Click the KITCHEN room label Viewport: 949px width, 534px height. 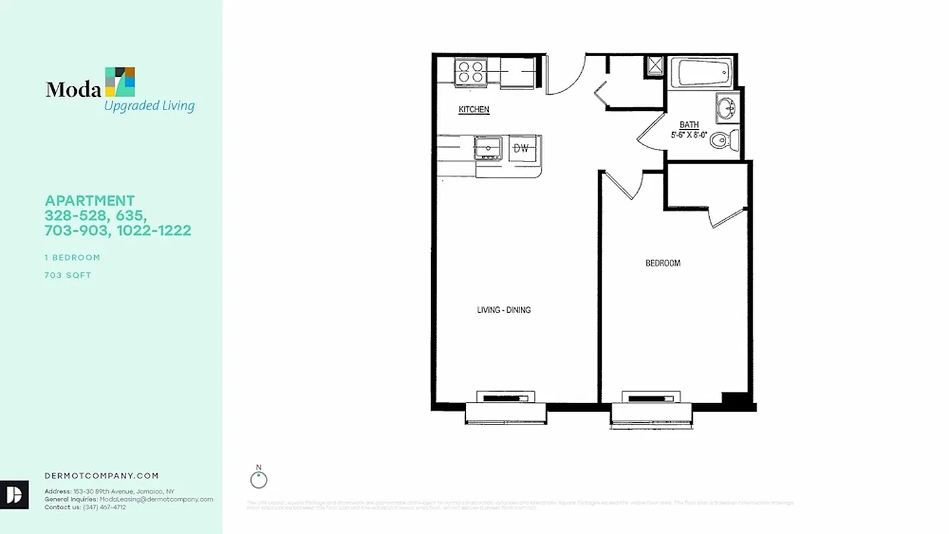473,109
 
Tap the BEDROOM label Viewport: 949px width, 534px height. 662,263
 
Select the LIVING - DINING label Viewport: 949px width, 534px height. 504,310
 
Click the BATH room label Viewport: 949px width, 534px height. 689,125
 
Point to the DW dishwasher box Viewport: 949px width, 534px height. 521,149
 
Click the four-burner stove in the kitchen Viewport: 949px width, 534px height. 470,71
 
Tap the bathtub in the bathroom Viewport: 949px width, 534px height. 705,72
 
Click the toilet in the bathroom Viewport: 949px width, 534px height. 723,141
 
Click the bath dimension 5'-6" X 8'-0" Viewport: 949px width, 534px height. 689,135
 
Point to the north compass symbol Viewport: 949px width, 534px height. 258,479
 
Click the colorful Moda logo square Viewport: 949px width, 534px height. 120,81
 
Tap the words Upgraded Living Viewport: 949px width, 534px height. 149,105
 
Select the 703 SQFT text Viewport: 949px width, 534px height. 67,275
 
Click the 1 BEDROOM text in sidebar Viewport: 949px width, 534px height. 72,258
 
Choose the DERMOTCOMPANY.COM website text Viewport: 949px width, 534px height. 102,476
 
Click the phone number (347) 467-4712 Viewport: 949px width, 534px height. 104,507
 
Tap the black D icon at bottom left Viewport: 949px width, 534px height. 14,495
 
